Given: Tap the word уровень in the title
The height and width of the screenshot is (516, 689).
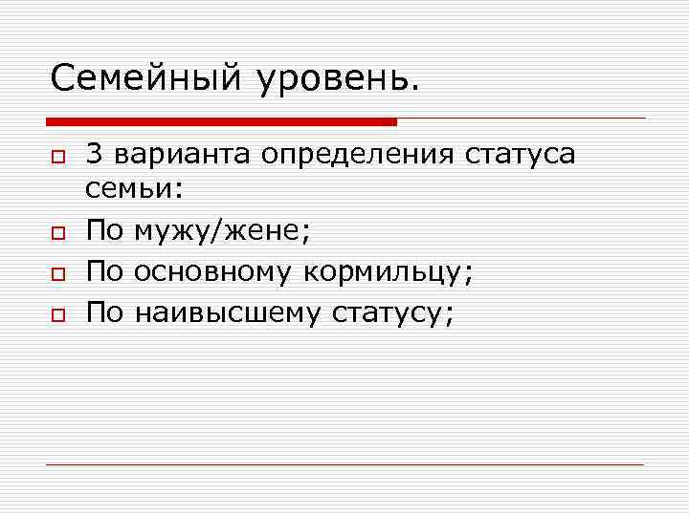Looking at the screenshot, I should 337,77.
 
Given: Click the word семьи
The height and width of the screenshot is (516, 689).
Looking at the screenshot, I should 132,189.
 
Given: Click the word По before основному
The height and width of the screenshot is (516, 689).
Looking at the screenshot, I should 104,271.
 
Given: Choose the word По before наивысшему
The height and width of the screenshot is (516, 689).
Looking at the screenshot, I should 104,312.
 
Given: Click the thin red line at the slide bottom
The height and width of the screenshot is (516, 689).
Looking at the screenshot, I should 344,464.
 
